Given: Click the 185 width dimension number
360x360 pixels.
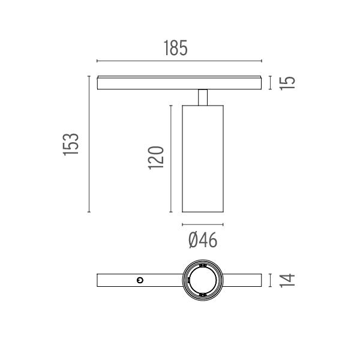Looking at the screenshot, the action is [x=176, y=48].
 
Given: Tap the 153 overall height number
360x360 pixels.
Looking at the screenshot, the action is [x=71, y=145].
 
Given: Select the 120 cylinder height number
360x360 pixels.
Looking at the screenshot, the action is [x=156, y=158].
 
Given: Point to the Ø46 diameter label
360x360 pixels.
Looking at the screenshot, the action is [x=203, y=240].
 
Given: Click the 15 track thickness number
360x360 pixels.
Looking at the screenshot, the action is [x=287, y=83].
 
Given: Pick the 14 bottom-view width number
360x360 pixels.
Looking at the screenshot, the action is [x=287, y=280].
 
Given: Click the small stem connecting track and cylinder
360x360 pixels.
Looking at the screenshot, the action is [x=203, y=97].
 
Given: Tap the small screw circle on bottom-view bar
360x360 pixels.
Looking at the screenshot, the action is [x=140, y=280].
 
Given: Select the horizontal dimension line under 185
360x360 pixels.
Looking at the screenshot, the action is [x=179, y=61].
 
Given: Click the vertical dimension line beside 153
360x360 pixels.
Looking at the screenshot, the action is [x=89, y=144].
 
